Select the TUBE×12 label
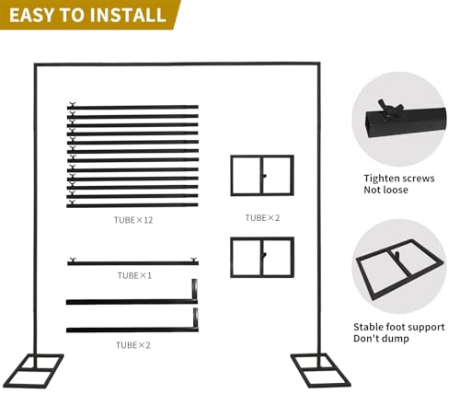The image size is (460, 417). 133,220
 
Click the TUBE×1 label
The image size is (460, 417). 134,275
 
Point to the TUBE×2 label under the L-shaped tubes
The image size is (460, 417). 133,345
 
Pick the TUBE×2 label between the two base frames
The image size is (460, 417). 262,218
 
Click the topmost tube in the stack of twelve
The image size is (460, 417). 132,107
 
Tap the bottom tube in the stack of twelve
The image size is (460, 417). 132,205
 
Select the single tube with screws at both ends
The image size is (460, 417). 133,263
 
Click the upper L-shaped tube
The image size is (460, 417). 132,302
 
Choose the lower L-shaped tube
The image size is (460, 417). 132,330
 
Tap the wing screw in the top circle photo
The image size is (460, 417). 389,108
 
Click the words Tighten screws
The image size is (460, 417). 399,179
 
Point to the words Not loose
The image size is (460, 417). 385,190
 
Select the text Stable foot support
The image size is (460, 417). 399,327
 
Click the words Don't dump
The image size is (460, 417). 381,339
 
